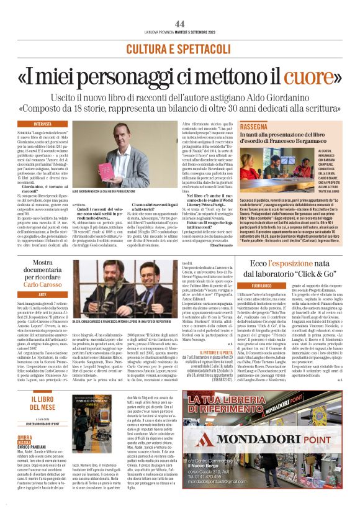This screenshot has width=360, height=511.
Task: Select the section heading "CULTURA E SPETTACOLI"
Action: coord(179,48)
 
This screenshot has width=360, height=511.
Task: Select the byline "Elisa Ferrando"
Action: coord(217,245)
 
